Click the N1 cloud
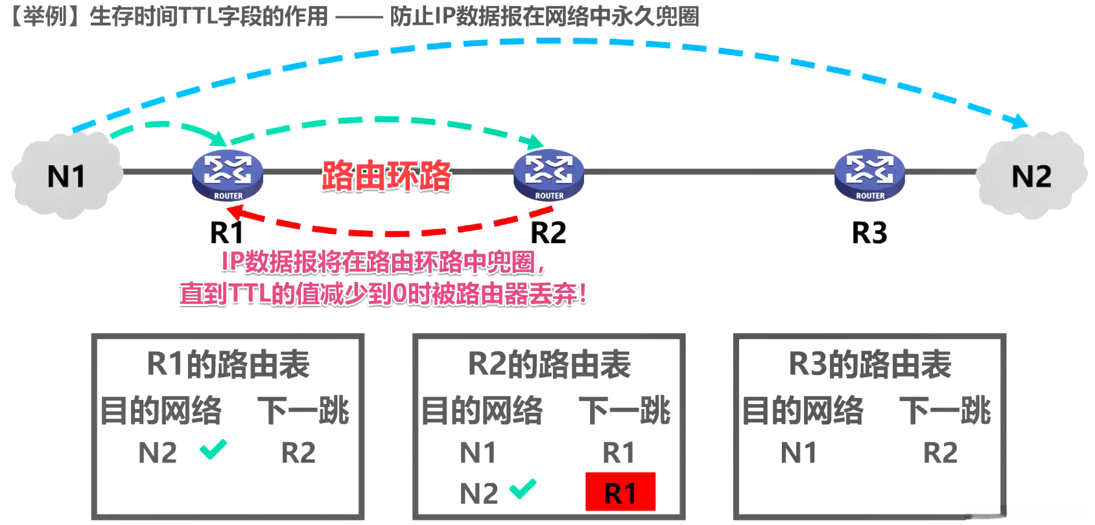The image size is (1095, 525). tap(67, 176)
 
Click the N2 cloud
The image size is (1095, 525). tap(1031, 176)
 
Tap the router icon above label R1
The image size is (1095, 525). tap(228, 175)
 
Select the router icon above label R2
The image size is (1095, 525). tap(548, 175)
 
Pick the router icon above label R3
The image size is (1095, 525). tap(869, 175)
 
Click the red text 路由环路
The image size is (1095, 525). tap(386, 176)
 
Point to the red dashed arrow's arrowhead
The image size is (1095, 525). tap(235, 211)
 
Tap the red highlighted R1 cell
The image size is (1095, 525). tap(620, 493)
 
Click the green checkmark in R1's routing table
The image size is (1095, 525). tap(213, 449)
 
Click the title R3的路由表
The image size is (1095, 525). tap(869, 364)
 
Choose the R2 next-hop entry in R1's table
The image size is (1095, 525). tap(298, 452)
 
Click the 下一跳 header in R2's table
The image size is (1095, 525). tap(624, 411)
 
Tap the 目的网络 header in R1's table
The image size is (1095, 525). tap(161, 411)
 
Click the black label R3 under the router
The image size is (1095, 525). tap(869, 232)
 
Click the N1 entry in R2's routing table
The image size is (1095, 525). tap(478, 452)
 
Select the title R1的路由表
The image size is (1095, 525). tap(228, 364)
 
